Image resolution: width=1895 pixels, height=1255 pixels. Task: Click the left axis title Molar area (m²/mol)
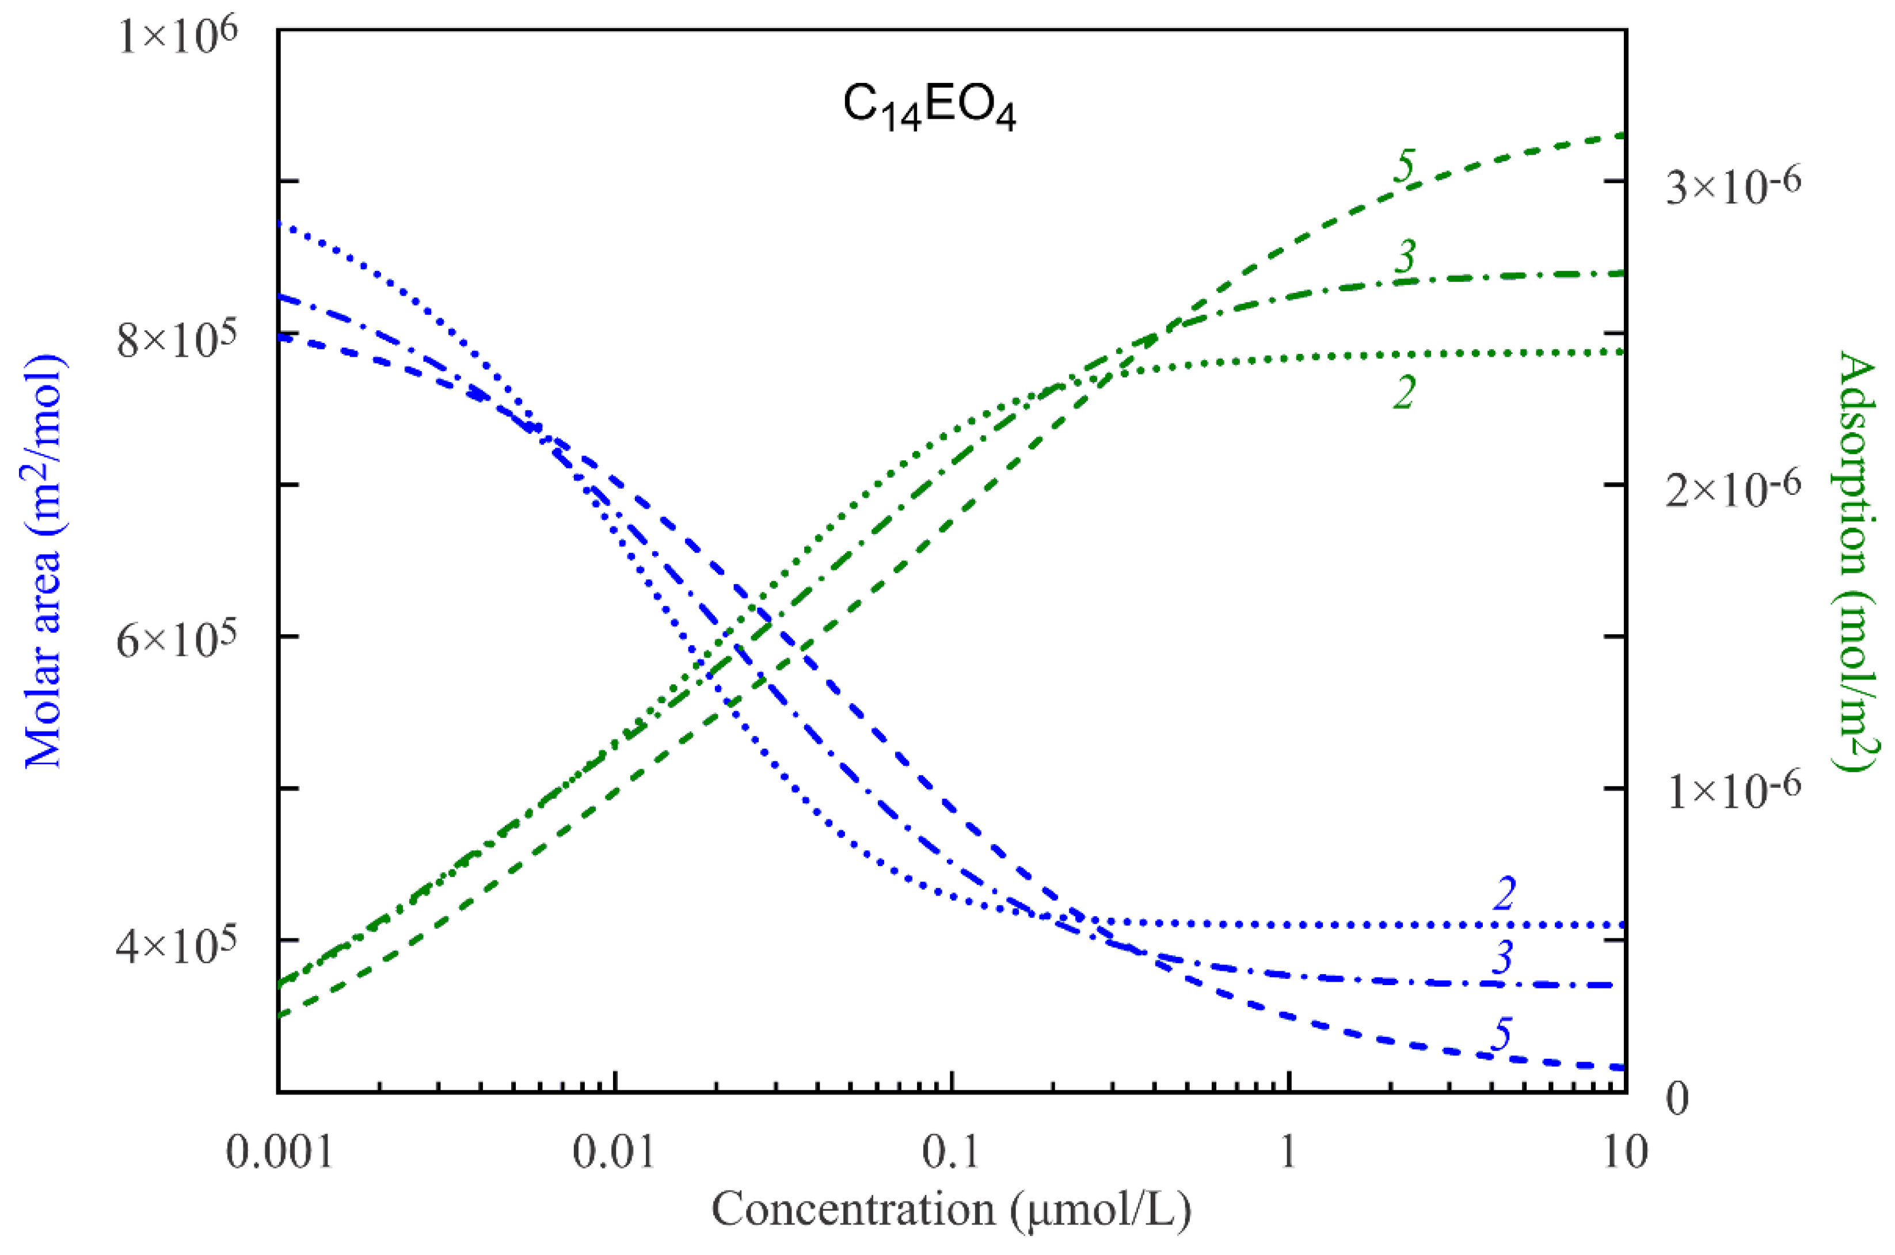tap(44, 560)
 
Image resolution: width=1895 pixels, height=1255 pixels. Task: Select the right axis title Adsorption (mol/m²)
tap(1856, 560)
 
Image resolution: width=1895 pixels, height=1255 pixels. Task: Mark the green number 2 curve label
tap(1403, 392)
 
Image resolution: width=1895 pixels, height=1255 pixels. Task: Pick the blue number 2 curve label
tap(1504, 893)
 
